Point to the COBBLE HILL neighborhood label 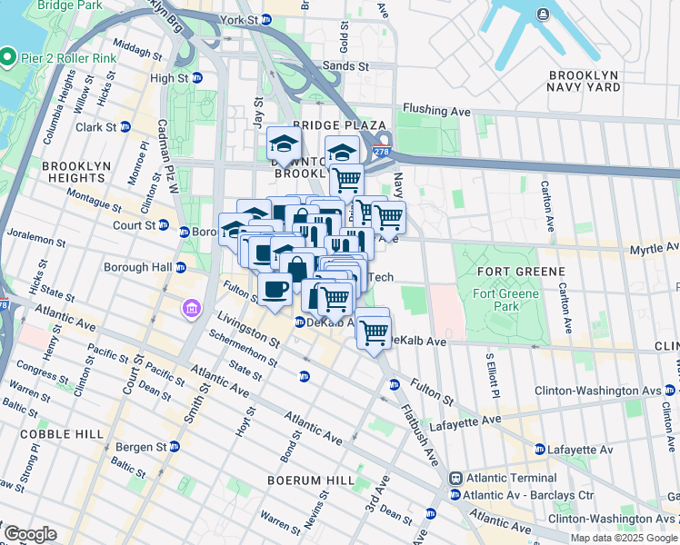click(x=53, y=434)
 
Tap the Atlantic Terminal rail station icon click(x=455, y=478)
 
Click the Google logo click(x=30, y=534)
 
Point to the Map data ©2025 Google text click(x=624, y=538)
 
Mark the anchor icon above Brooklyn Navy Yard click(x=543, y=14)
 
